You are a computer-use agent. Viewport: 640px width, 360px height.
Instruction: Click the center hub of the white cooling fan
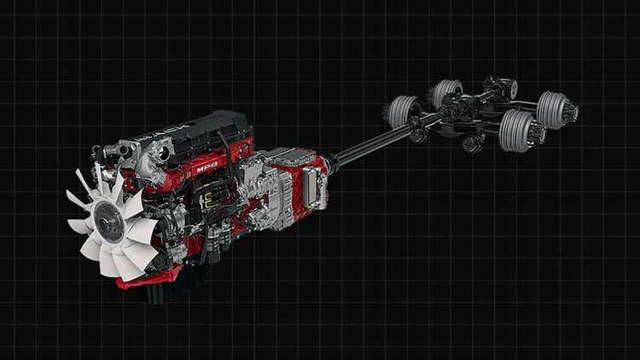(x=108, y=223)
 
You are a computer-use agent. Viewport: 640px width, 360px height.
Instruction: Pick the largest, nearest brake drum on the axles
(x=517, y=130)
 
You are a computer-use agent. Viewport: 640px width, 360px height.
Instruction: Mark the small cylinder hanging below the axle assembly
(x=472, y=143)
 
